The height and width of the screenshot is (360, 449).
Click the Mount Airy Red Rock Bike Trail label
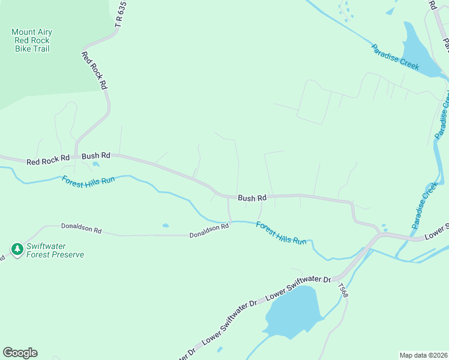coord(31,40)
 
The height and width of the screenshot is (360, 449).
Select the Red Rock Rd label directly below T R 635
coord(94,70)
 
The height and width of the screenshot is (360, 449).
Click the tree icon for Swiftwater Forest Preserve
coord(17,248)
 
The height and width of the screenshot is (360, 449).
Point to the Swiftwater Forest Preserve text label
coord(55,250)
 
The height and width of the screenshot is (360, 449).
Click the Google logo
coord(20,353)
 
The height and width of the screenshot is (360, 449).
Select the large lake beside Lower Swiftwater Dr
coord(291,312)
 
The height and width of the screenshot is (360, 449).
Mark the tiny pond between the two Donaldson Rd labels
coord(165,226)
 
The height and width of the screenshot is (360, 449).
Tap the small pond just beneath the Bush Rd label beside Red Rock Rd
coord(96,164)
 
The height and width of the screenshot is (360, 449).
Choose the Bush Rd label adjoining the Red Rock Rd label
coord(96,155)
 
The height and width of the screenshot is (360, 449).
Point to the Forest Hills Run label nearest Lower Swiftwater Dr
coord(281,233)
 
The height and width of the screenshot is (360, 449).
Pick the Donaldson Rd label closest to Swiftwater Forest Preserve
coord(82,229)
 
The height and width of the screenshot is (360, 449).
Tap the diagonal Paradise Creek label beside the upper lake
coord(394,57)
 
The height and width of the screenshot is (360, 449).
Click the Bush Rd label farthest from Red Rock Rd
coord(252,197)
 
